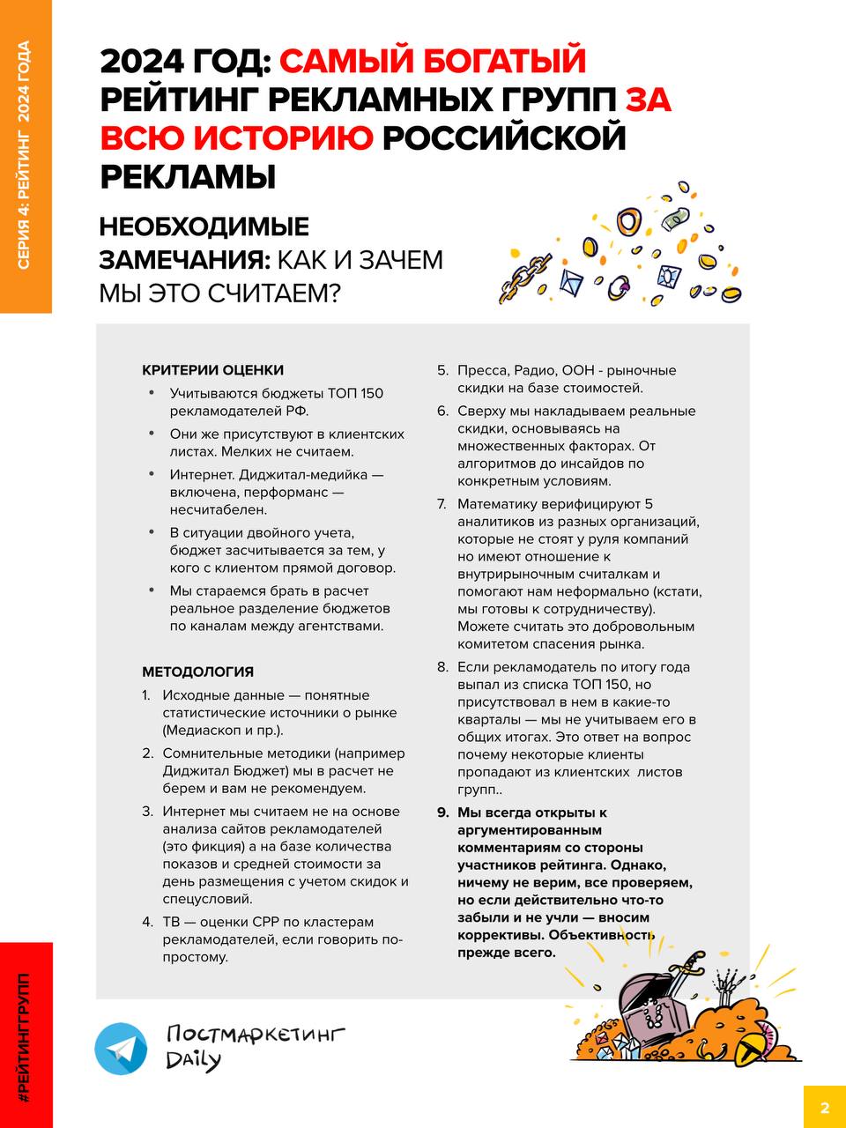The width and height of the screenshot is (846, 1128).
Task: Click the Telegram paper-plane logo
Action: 122,1049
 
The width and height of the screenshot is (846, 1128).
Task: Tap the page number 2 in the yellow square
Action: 825,1108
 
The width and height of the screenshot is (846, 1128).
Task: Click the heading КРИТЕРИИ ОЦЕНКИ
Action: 213,370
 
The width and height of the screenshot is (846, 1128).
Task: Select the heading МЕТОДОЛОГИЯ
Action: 198,672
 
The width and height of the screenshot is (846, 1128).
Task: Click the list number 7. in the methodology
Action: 442,504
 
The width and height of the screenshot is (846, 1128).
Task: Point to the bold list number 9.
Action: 442,813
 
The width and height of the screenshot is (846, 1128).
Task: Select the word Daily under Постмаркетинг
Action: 193,1060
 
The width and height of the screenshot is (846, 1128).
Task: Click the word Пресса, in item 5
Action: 480,370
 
